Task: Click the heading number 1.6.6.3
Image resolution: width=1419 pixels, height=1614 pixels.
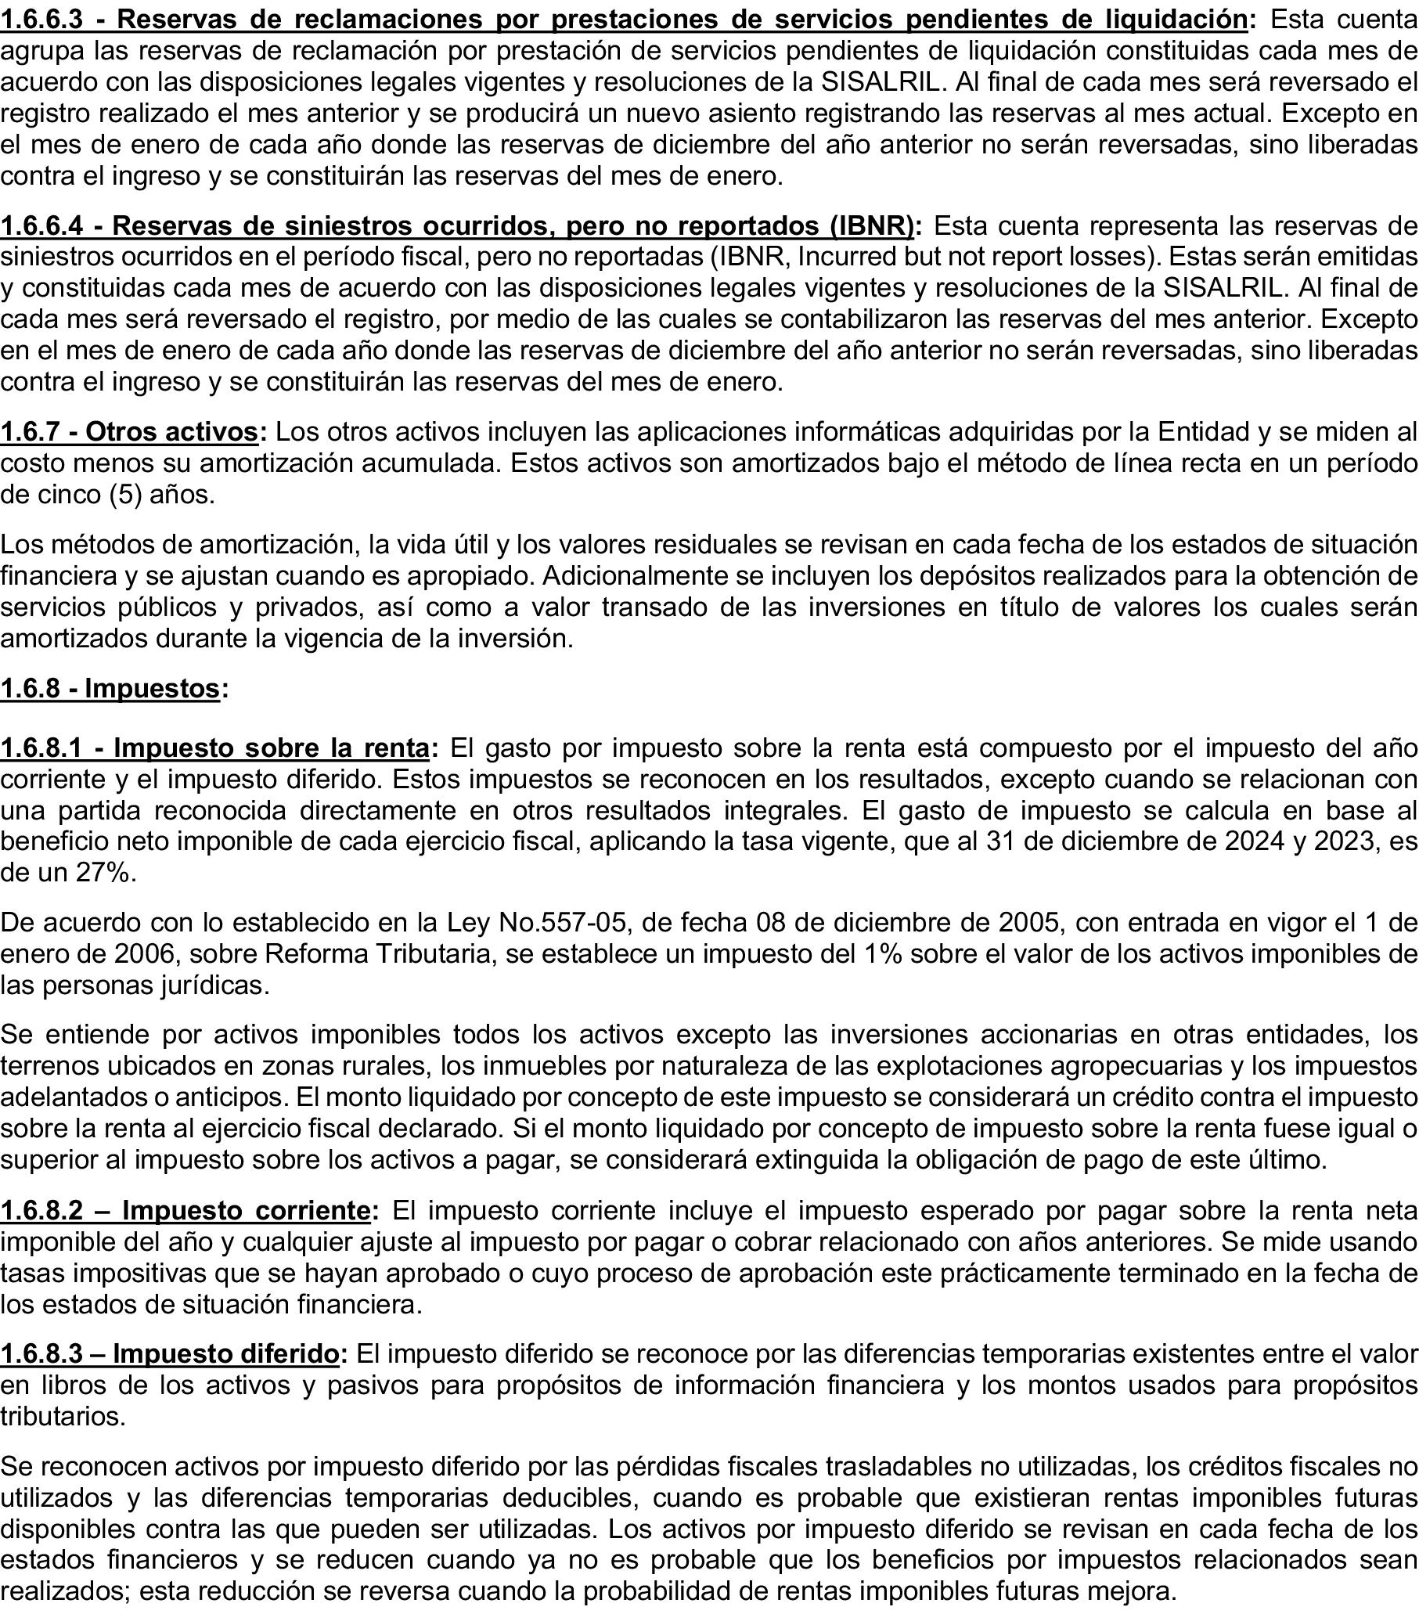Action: coord(41,19)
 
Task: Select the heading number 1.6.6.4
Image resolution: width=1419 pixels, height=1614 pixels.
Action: coord(41,226)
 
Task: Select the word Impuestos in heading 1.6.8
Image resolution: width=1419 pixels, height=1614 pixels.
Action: coord(152,689)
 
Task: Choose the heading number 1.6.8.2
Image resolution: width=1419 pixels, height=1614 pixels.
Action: coord(41,1210)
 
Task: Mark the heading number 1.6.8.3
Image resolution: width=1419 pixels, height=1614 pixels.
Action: coord(41,1354)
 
